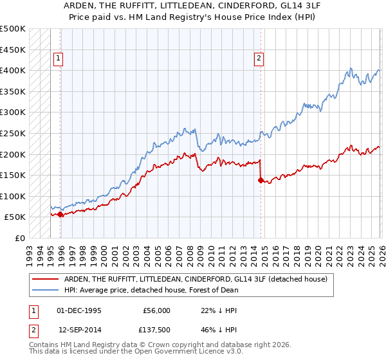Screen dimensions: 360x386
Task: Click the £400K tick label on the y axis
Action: click(x=13, y=70)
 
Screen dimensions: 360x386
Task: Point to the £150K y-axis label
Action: click(x=13, y=175)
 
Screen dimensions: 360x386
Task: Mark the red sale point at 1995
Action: click(x=60, y=215)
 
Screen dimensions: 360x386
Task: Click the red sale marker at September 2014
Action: click(x=261, y=181)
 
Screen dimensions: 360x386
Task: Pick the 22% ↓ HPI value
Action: click(x=219, y=310)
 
